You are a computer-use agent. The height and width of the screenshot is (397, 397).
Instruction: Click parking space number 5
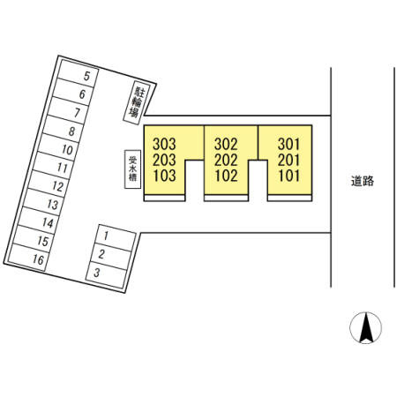click(x=78, y=74)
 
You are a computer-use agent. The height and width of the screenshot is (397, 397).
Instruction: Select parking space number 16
click(x=28, y=258)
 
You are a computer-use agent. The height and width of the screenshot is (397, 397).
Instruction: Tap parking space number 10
click(x=58, y=147)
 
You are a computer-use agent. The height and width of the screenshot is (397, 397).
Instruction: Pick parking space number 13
click(x=43, y=202)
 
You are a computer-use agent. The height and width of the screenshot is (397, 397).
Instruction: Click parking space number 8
click(x=64, y=129)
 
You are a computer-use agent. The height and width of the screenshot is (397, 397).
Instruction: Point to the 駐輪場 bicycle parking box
click(x=137, y=102)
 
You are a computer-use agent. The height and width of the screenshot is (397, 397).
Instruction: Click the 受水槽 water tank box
click(x=132, y=169)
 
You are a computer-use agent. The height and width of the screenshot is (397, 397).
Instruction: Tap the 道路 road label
click(x=363, y=181)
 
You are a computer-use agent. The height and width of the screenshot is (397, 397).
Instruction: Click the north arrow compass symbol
click(x=366, y=327)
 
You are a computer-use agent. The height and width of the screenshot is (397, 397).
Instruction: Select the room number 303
click(x=164, y=144)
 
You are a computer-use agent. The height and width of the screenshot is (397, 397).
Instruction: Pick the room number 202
click(x=226, y=161)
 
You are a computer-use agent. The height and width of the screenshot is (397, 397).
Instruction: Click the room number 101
click(x=289, y=176)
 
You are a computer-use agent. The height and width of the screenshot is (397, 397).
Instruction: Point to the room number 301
click(x=289, y=144)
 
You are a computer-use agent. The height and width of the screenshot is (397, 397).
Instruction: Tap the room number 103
click(x=164, y=176)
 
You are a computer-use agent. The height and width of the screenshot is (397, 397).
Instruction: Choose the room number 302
click(x=226, y=144)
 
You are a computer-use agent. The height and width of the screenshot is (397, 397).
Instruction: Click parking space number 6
click(x=73, y=92)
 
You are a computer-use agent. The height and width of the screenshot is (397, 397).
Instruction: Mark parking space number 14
click(x=39, y=221)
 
